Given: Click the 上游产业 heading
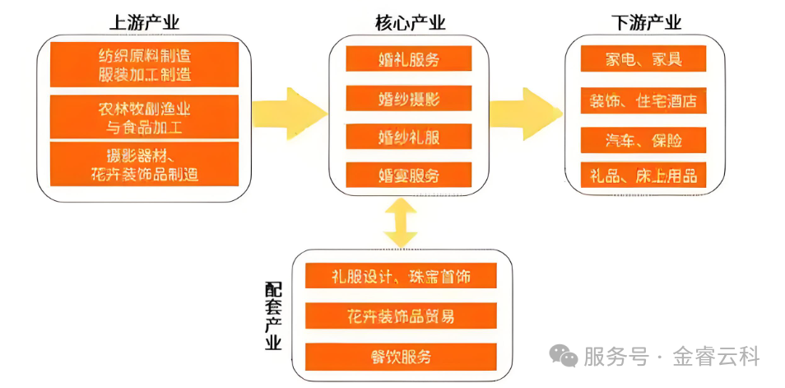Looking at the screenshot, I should (x=144, y=23).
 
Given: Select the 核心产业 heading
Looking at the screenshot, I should (x=409, y=23).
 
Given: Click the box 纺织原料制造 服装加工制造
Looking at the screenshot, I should (x=144, y=64).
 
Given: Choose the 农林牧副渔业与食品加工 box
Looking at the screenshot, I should (x=144, y=116).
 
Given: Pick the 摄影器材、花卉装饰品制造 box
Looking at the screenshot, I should (x=144, y=163).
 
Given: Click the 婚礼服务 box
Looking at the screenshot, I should (x=409, y=58).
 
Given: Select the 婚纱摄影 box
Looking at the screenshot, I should (x=409, y=98).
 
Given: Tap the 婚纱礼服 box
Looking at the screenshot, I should (x=409, y=136).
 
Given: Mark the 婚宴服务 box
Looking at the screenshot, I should (x=409, y=175).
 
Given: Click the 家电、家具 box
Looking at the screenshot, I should (x=643, y=58).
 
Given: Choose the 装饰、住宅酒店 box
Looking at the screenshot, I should (x=643, y=101).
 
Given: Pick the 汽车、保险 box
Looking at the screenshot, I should (x=643, y=139).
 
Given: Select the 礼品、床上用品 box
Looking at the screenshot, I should (x=643, y=175).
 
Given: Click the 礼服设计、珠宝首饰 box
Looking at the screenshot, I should (x=401, y=276).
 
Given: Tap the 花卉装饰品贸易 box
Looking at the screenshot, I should (x=401, y=316).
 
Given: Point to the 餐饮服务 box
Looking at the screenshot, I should (x=401, y=356).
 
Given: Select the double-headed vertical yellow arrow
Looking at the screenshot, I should (x=400, y=222).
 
